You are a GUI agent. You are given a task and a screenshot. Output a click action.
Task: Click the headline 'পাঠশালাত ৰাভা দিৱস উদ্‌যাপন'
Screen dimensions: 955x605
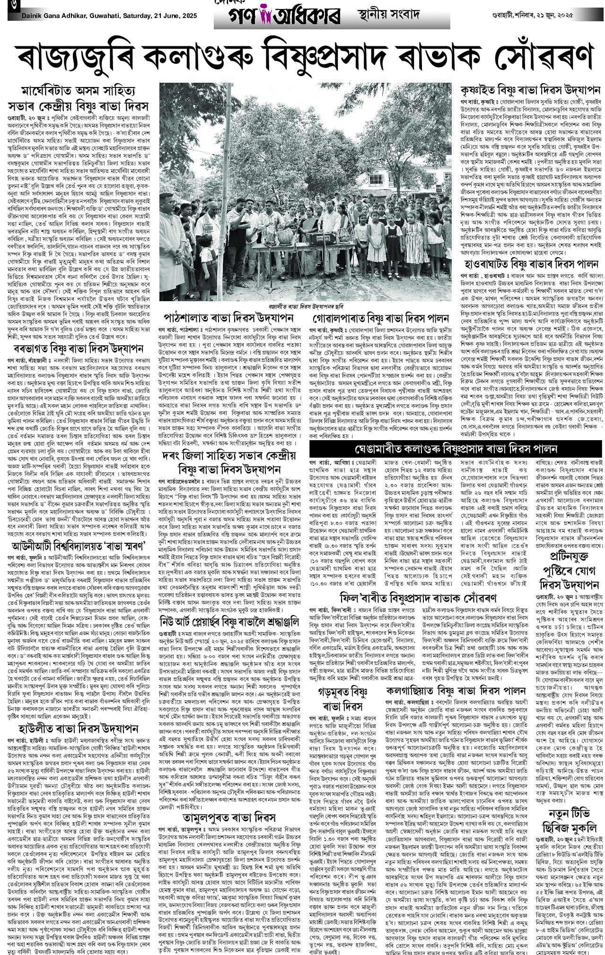(229, 317)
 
